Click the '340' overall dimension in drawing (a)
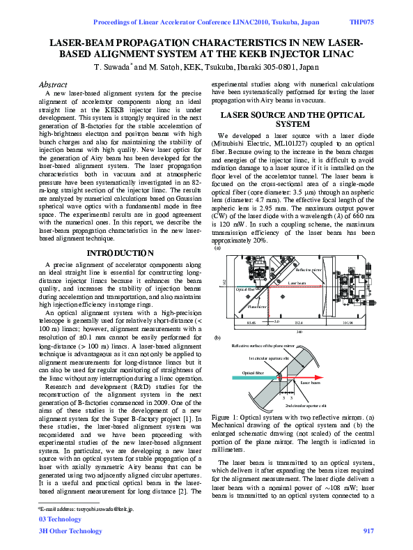pos(299,333)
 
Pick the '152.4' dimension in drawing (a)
pos(298,323)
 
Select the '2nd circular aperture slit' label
pos(305,404)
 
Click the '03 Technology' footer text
pos(59,519)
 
